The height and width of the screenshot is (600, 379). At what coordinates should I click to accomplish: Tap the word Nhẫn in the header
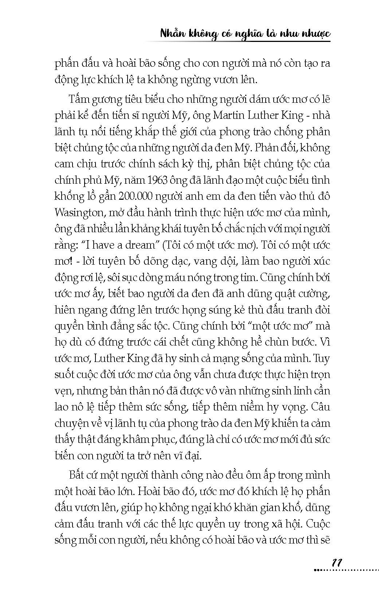174,34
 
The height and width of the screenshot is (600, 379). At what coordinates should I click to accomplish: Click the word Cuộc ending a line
318,524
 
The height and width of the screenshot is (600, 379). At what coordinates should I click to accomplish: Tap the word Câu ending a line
321,407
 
